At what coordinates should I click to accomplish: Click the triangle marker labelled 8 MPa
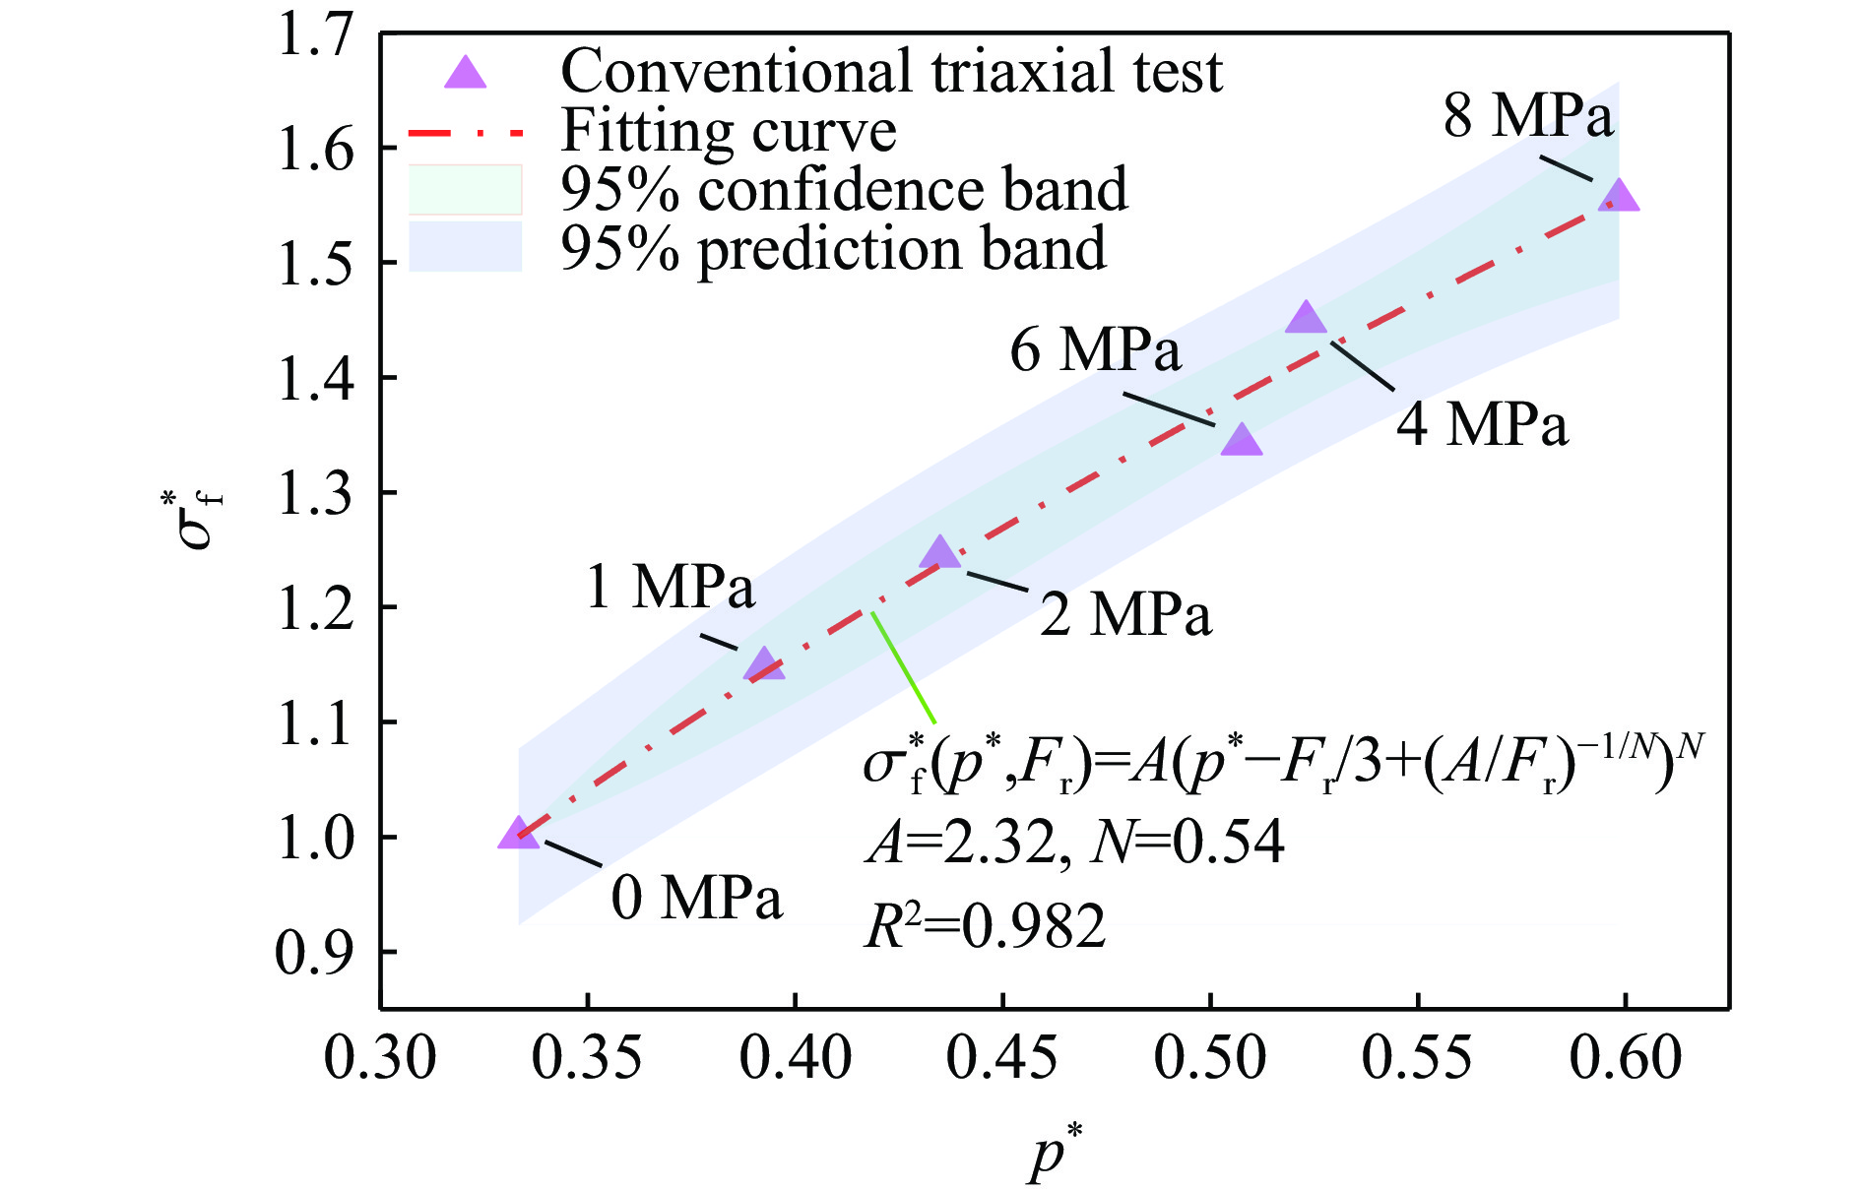(1619, 197)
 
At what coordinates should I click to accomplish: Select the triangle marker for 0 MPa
(518, 834)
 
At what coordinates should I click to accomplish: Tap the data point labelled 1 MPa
(764, 666)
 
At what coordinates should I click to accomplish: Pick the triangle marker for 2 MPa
(939, 553)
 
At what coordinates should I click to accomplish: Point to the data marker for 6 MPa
(1241, 441)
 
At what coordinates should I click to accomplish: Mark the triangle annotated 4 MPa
(1306, 319)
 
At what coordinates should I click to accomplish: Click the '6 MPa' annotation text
(1095, 349)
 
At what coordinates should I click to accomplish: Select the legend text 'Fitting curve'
(728, 130)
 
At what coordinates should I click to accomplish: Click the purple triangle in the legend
(465, 73)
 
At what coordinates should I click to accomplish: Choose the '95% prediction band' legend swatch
(465, 246)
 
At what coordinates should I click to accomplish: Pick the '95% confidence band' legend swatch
(465, 189)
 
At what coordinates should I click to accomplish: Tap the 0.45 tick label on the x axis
(1001, 1059)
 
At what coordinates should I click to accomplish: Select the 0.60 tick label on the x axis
(1625, 1059)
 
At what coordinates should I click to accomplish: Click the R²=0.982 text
(985, 925)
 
